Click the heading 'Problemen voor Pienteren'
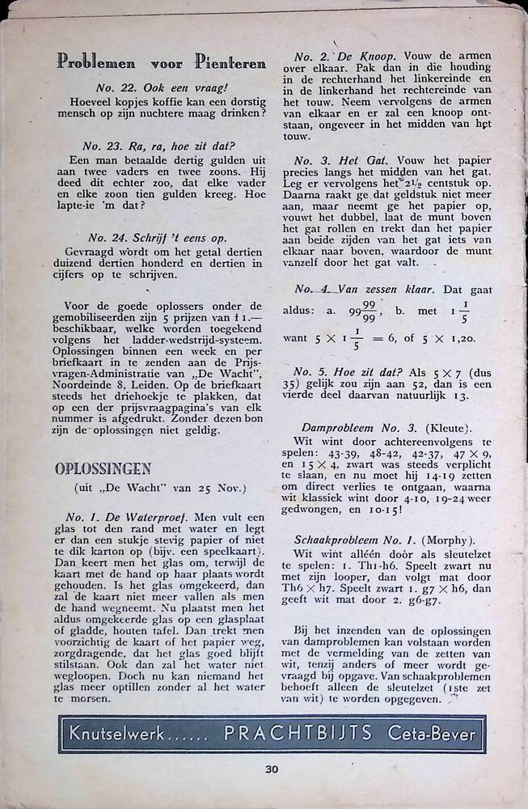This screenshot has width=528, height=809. (x=162, y=62)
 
